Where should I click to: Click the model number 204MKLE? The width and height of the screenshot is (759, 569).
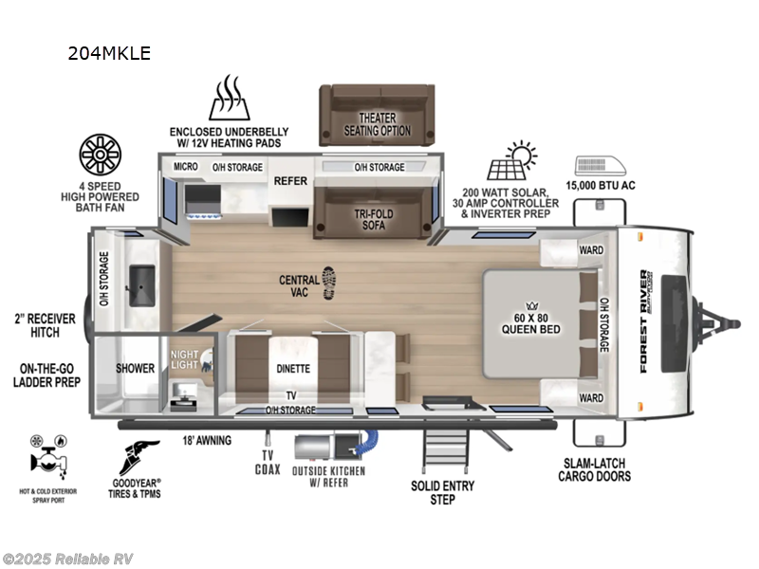click(108, 53)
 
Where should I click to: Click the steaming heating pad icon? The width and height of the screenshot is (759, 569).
click(229, 100)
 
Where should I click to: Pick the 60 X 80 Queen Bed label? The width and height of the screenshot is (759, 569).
click(530, 322)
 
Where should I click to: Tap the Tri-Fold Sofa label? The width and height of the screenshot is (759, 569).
click(376, 220)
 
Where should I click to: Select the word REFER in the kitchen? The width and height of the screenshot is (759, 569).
click(289, 179)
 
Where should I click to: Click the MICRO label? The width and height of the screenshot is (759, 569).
click(185, 168)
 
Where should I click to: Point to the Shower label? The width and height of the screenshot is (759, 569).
click(135, 368)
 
